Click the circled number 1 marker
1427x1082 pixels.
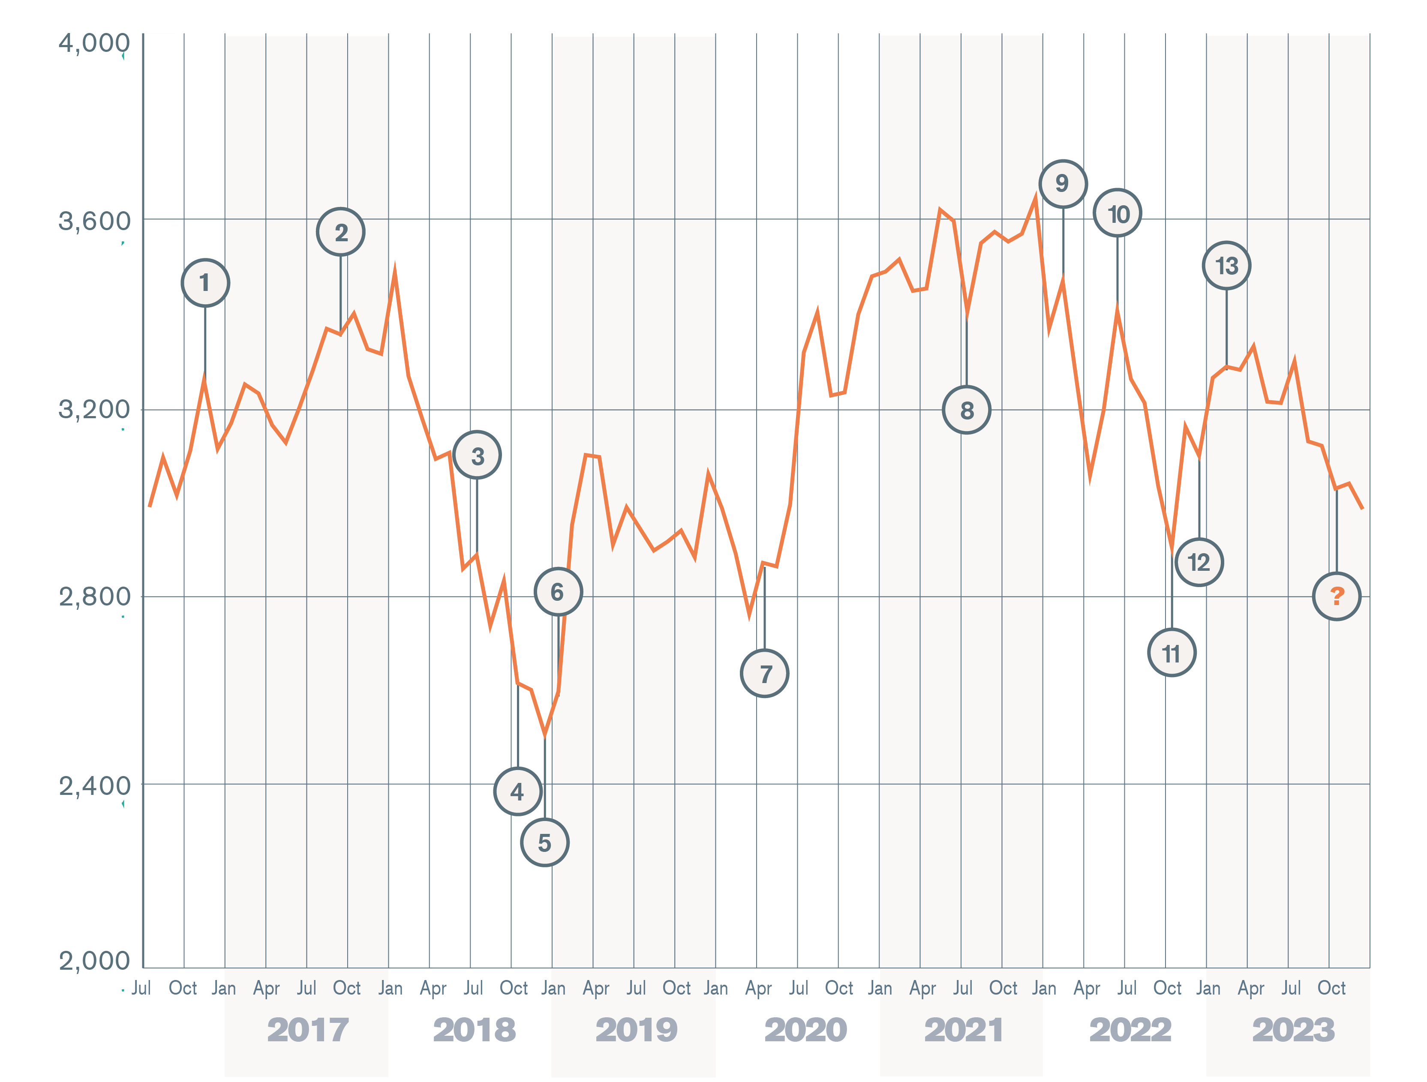tap(205, 282)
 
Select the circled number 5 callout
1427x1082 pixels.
tap(544, 842)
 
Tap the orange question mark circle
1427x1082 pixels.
tap(1337, 596)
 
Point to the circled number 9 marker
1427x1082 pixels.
tap(1063, 184)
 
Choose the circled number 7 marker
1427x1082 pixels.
tap(764, 673)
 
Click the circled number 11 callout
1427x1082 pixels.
tap(1172, 653)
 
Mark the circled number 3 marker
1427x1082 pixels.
tap(477, 455)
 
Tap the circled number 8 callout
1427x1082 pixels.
tap(966, 410)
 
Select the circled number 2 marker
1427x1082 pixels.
tap(341, 232)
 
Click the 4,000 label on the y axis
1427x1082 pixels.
tap(94, 43)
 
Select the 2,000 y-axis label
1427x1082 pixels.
tap(94, 961)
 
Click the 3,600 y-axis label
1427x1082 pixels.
tap(94, 221)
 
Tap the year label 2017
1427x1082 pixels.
tap(308, 1030)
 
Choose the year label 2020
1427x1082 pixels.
tap(806, 1030)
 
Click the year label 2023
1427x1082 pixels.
tap(1293, 1030)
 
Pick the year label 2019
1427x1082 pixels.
tap(636, 1030)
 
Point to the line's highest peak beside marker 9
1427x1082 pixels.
tap(1035, 198)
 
